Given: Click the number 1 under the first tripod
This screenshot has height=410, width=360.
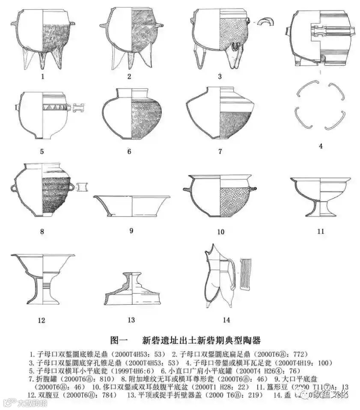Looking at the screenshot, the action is pyautogui.click(x=42, y=77).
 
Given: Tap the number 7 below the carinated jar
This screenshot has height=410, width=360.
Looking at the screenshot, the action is pyautogui.click(x=220, y=151).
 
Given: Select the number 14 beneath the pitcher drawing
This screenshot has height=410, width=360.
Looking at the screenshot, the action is pyautogui.click(x=226, y=320).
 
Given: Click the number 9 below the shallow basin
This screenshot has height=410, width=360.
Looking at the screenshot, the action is pyautogui.click(x=131, y=231).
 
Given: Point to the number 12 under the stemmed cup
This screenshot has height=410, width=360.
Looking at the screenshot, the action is pyautogui.click(x=42, y=320).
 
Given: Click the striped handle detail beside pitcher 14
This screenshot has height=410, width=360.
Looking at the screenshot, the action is pyautogui.click(x=247, y=274).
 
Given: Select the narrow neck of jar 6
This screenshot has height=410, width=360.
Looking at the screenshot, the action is pyautogui.click(x=131, y=93).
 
